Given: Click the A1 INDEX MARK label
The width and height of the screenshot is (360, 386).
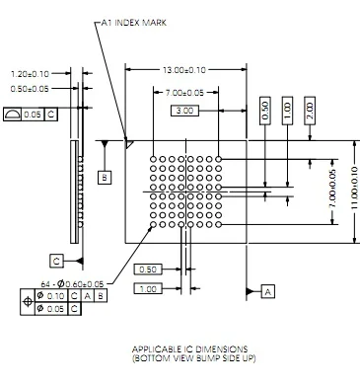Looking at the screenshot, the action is tap(133, 23).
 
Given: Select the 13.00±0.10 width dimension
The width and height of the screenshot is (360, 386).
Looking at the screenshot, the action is tap(184, 70).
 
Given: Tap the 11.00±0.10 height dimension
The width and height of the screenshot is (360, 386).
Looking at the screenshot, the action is tap(354, 188).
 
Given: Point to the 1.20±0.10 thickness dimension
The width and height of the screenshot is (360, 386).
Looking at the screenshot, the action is tap(30, 74).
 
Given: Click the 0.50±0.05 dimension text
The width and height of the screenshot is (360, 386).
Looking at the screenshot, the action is tap(30, 89).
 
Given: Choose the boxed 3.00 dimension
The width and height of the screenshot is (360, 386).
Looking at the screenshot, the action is tap(184, 111).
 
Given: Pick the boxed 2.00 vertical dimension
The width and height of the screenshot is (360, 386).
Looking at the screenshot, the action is tap(310, 111).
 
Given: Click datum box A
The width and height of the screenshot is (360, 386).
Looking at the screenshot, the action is tap(268, 291).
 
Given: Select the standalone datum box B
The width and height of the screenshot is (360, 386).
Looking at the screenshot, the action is tap(105, 178).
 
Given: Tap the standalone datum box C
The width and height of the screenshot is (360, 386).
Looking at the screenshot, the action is tap(56, 261).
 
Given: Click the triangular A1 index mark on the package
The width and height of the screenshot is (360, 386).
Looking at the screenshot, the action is tap(128, 144).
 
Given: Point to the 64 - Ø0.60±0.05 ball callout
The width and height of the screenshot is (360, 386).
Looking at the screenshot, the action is tap(72, 283).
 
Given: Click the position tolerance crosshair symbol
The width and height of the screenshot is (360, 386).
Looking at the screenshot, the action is tap(28, 302).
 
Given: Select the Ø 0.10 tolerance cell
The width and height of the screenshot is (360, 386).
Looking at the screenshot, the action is tap(51, 296).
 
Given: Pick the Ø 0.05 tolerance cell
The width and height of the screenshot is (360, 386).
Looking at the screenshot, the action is tap(51, 309).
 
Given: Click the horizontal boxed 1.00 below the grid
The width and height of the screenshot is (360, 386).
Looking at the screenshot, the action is tap(148, 289).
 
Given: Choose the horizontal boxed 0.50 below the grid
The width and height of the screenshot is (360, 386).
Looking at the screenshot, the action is tap(148, 270).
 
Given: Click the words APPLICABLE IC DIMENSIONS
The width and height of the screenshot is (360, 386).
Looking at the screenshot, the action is tap(189, 349).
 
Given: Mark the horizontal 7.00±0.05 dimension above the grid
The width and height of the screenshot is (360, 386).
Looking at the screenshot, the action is tap(184, 93).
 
